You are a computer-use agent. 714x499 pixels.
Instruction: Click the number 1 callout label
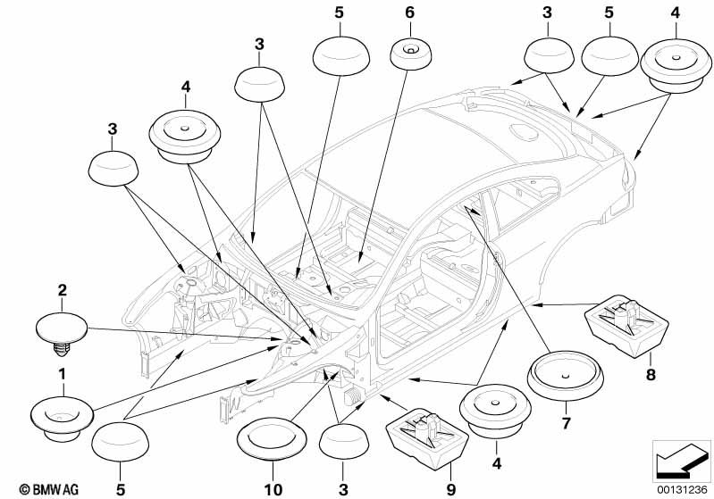[62, 375]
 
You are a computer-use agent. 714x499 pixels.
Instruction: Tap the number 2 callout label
[62, 290]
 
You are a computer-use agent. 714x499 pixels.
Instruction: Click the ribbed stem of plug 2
[62, 349]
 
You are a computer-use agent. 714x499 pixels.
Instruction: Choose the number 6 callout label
[410, 12]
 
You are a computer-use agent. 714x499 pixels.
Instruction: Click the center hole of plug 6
[410, 50]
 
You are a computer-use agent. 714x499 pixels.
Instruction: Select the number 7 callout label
[566, 423]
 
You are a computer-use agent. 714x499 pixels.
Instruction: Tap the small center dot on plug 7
[565, 376]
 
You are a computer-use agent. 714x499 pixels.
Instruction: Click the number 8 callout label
[651, 375]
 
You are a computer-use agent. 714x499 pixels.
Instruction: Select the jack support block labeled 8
[626, 326]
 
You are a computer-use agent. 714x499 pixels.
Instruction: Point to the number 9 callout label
[450, 489]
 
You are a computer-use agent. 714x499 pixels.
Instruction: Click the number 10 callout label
[273, 489]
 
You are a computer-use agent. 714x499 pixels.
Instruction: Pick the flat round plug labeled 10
[272, 439]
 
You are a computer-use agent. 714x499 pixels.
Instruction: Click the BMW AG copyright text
[49, 489]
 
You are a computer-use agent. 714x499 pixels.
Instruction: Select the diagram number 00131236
[682, 489]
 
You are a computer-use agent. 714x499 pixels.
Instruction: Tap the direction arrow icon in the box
[682, 461]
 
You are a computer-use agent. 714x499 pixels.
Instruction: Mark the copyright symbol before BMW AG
[25, 489]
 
